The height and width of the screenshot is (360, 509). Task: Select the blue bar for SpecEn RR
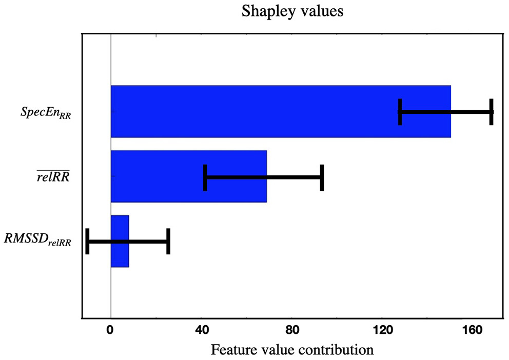(x=257, y=111)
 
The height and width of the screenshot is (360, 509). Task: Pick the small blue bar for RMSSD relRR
(x=120, y=241)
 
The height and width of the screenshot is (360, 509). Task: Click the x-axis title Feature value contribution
(x=292, y=350)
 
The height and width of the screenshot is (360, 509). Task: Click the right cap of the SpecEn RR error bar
(x=491, y=112)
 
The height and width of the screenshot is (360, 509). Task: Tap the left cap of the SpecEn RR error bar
(x=400, y=112)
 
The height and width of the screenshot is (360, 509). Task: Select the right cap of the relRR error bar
(x=322, y=177)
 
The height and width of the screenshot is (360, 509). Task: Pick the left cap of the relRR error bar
(x=205, y=177)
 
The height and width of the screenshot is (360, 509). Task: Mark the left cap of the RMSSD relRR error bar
(x=87, y=242)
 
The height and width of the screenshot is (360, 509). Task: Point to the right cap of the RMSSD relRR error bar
(x=168, y=242)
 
